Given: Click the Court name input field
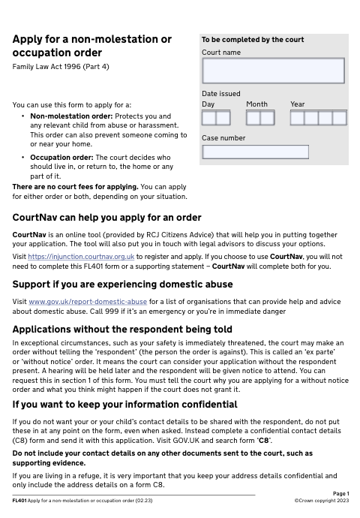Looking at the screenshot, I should pos(273,71).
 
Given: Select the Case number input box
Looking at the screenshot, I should pos(256,152).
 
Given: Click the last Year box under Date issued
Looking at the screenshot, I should pos(338,118).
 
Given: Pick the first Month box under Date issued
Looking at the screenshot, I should pos(253,118).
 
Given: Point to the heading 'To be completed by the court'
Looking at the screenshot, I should pos(253,40).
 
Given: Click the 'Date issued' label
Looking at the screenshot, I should pos(221,94).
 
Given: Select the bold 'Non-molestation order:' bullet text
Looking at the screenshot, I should pos(68,116).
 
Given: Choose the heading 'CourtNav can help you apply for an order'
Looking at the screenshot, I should pos(107,218).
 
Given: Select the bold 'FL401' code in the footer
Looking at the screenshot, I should pos(19,500).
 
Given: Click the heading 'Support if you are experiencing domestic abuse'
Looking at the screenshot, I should pos(123,285).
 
